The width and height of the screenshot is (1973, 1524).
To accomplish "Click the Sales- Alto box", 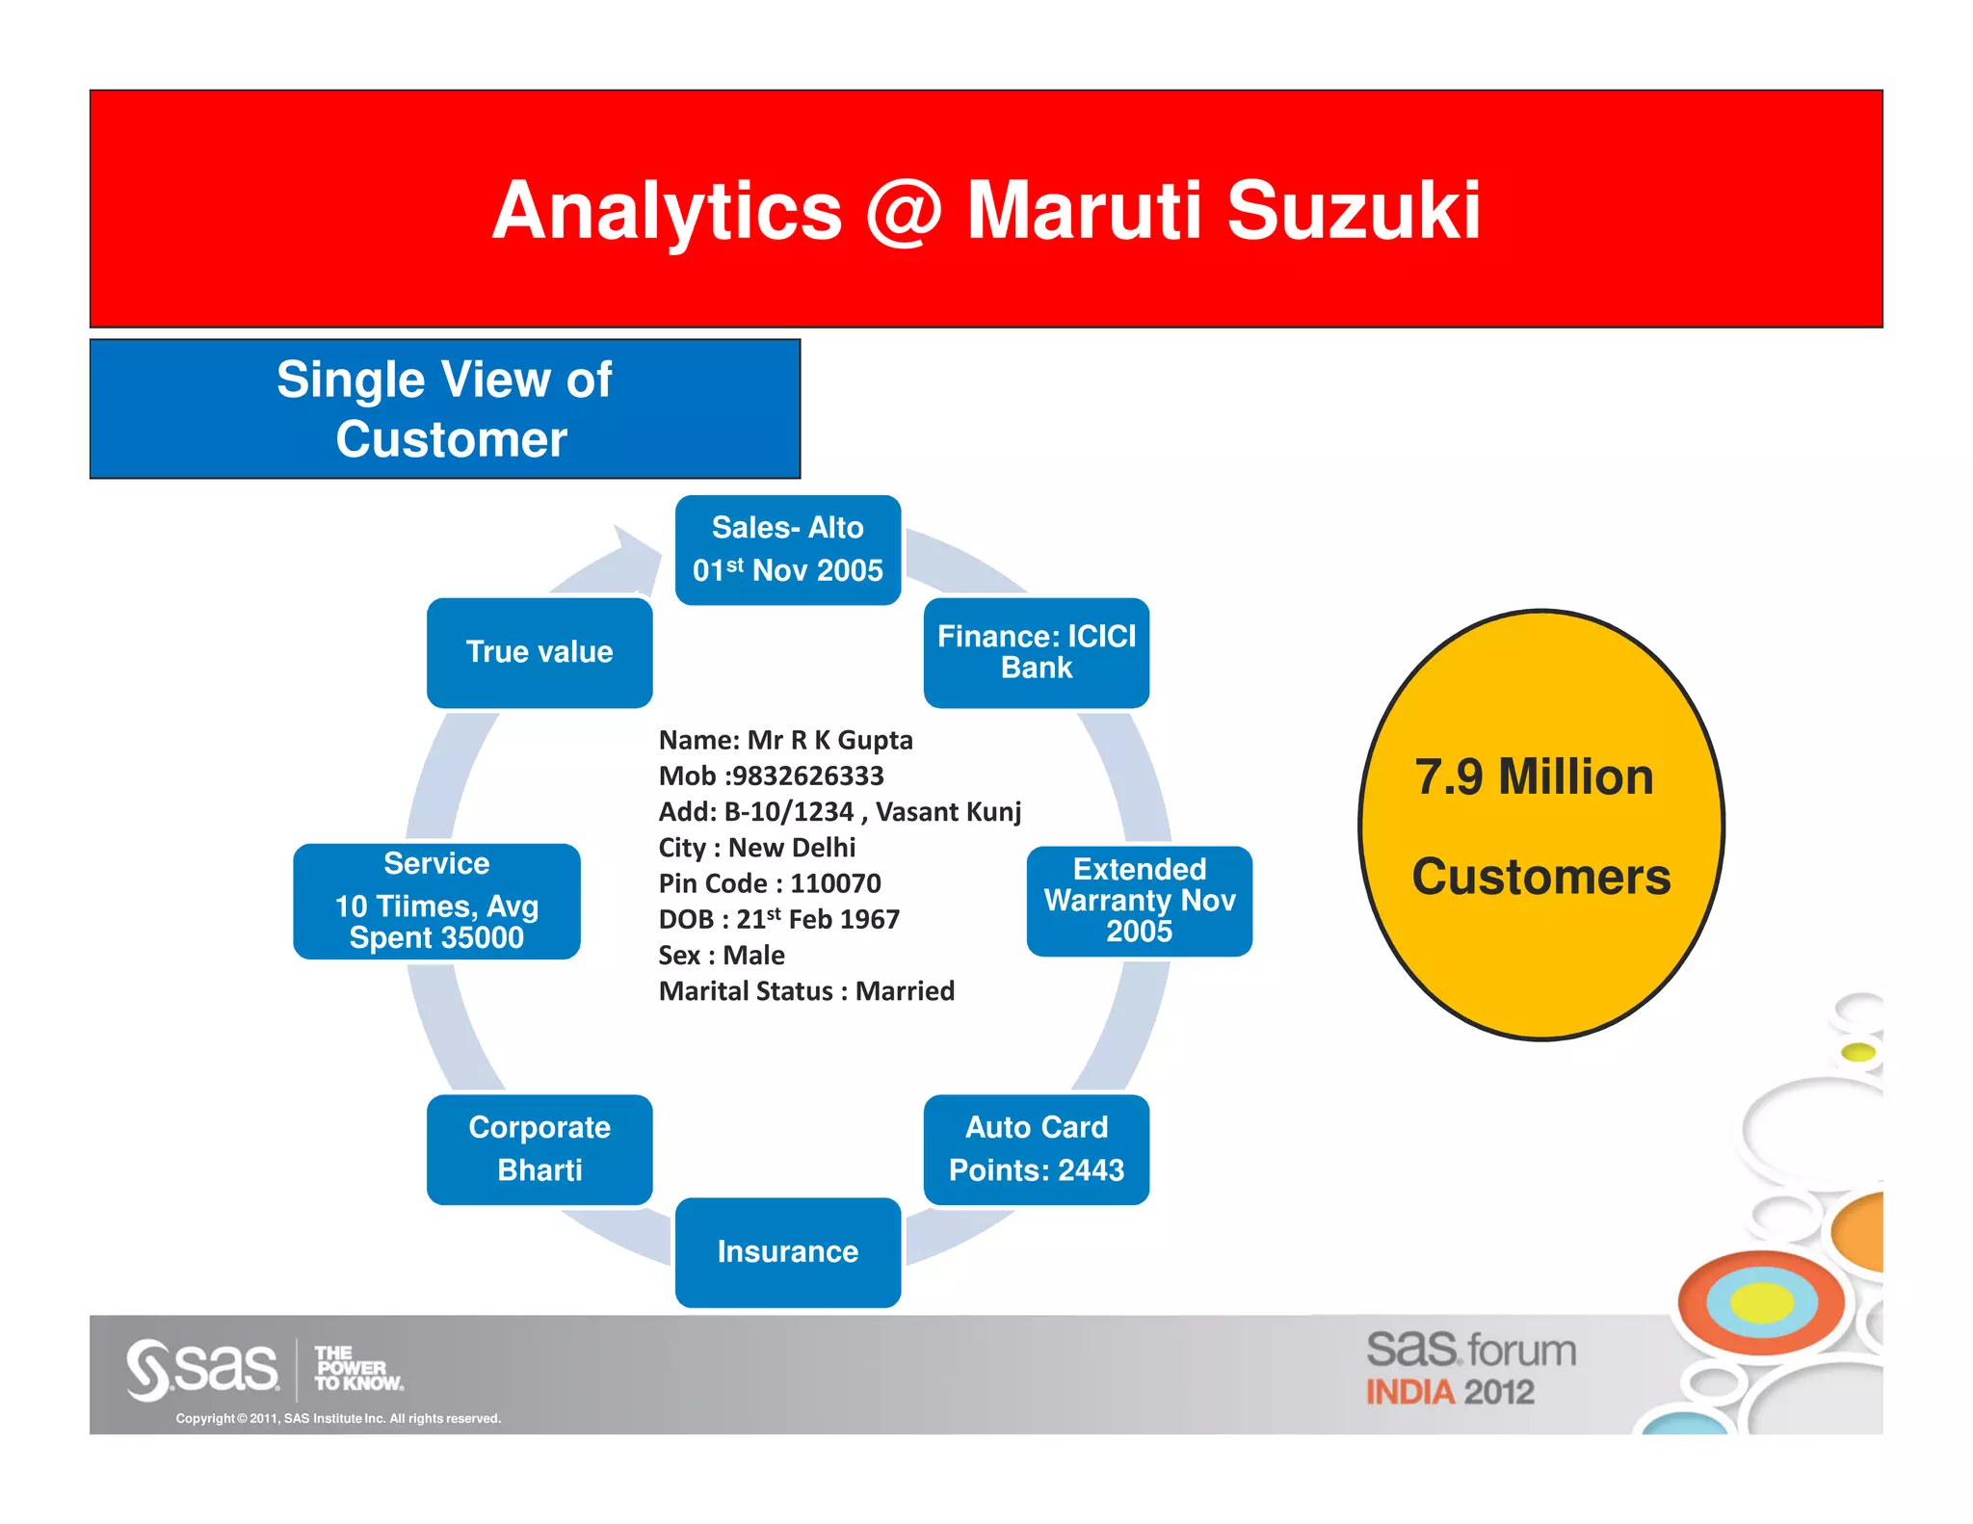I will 787,550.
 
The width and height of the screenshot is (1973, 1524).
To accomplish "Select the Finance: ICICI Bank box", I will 1036,652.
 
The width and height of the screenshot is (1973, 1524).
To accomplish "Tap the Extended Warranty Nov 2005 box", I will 1139,901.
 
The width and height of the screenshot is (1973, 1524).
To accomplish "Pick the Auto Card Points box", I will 1036,1149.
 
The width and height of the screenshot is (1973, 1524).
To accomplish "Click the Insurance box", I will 787,1251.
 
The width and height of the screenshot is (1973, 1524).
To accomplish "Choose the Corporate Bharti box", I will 539,1149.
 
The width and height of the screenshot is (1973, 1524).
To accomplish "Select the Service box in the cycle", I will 436,901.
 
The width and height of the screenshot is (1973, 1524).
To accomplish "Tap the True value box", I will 539,652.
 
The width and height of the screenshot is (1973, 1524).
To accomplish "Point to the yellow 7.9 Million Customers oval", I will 1540,825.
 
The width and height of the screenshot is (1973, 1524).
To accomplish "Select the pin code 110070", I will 835,883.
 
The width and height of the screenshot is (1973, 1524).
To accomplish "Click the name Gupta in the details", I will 875,740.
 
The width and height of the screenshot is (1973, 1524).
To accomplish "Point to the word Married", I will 905,991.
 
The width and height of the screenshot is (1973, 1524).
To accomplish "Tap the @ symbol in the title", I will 903,211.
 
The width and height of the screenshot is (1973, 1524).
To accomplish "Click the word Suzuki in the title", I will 1353,211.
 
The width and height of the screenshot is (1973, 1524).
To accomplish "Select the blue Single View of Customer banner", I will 445,408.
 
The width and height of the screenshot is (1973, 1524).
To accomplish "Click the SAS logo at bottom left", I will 202,1369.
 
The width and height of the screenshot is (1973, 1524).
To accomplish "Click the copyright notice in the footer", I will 338,1418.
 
